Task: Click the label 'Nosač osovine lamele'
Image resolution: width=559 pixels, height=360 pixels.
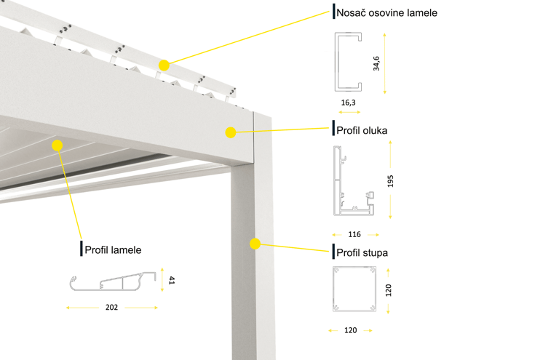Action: [x=386, y=12]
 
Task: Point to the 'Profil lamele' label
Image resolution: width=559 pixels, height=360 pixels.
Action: [x=113, y=249]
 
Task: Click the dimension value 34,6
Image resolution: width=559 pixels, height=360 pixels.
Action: [x=376, y=64]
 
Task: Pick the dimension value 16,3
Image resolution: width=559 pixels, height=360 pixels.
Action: [x=349, y=104]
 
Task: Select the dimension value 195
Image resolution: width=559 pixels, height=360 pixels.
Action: [x=391, y=180]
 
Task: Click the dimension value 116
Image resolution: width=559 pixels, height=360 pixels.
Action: [x=354, y=235]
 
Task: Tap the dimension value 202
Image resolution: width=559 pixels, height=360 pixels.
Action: [x=111, y=308]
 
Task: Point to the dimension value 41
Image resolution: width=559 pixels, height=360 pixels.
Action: [x=172, y=279]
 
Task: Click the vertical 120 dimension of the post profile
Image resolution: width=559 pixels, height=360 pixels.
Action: [x=389, y=289]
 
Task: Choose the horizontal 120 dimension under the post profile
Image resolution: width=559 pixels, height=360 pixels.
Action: [x=350, y=330]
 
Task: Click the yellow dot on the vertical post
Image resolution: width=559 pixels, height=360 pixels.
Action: [x=255, y=244]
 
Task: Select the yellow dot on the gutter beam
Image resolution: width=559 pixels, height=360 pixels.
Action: [x=230, y=132]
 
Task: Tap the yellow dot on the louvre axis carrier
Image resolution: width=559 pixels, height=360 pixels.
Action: [x=164, y=65]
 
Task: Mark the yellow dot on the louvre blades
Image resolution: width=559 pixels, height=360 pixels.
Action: [x=57, y=145]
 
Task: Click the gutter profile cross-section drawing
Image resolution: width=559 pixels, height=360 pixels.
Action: [x=352, y=181]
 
